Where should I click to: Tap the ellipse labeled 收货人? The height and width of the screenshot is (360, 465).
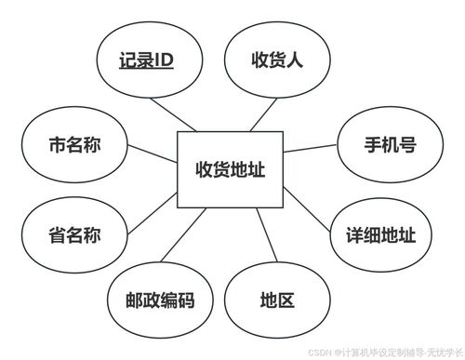(x=278, y=60)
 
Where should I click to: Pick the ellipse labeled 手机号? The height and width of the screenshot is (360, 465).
(x=390, y=146)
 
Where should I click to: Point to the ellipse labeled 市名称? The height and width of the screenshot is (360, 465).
(x=73, y=146)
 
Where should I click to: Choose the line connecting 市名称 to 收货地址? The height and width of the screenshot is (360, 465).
(x=152, y=154)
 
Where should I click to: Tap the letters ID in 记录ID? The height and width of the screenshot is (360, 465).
(x=162, y=61)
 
